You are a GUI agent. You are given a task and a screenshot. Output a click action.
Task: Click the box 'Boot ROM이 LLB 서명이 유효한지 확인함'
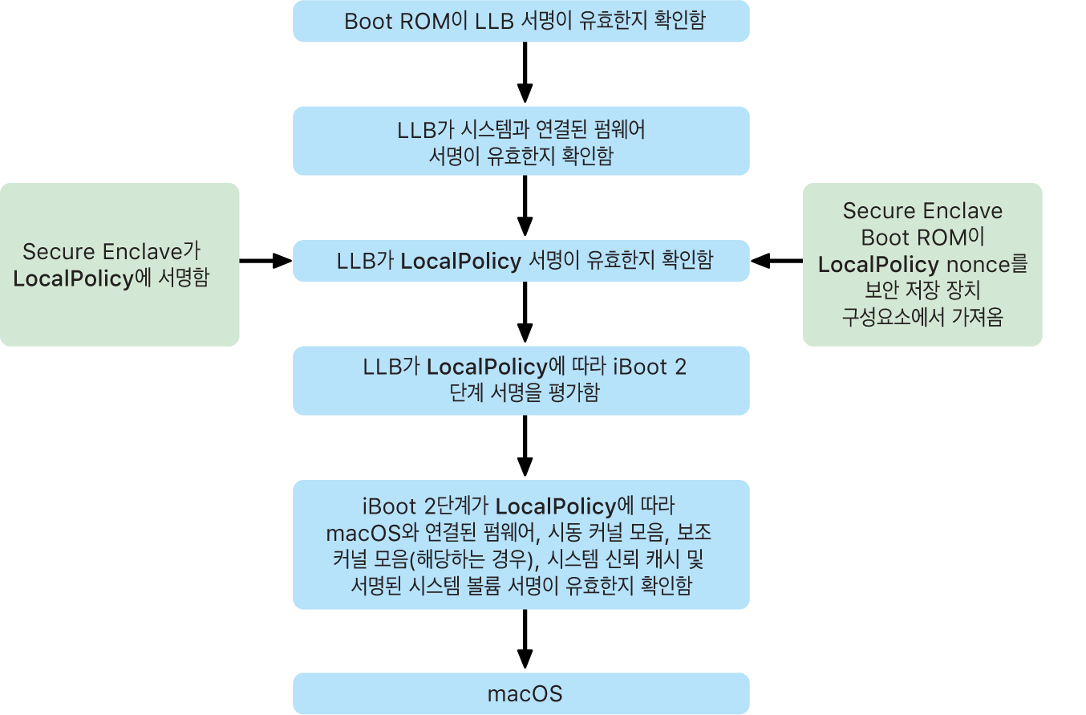pyautogui.click(x=521, y=21)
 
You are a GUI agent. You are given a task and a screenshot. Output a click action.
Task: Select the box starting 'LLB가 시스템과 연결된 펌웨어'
pyautogui.click(x=521, y=141)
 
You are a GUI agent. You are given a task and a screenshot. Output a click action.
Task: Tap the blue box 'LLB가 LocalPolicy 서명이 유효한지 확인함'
pyautogui.click(x=521, y=261)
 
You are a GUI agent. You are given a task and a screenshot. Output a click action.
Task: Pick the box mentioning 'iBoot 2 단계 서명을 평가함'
pyautogui.click(x=521, y=380)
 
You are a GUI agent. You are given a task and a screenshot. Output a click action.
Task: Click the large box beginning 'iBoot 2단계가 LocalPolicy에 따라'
pyautogui.click(x=521, y=545)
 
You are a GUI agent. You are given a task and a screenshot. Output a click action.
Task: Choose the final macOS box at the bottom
pyautogui.click(x=521, y=693)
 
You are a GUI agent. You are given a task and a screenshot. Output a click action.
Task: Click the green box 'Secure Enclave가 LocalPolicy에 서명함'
pyautogui.click(x=120, y=265)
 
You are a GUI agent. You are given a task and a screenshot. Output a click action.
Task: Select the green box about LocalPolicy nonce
pyautogui.click(x=922, y=265)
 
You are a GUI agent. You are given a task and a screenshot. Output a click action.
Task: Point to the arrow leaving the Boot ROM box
pyautogui.click(x=525, y=73)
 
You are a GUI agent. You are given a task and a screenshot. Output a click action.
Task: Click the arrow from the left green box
pyautogui.click(x=265, y=261)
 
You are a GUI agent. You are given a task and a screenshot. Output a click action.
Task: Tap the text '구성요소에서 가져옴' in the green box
pyautogui.click(x=922, y=317)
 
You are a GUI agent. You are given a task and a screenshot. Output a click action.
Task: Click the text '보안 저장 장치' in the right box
pyautogui.click(x=922, y=290)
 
